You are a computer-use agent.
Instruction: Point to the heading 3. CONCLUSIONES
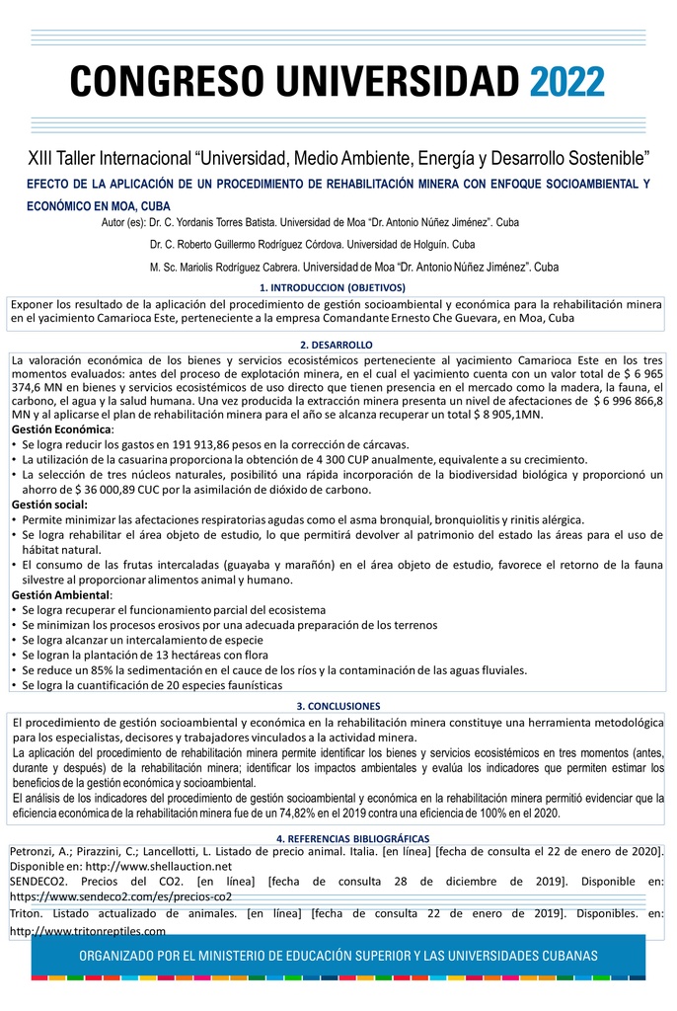point(338,706)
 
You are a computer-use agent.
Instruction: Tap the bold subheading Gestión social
point(50,505)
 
